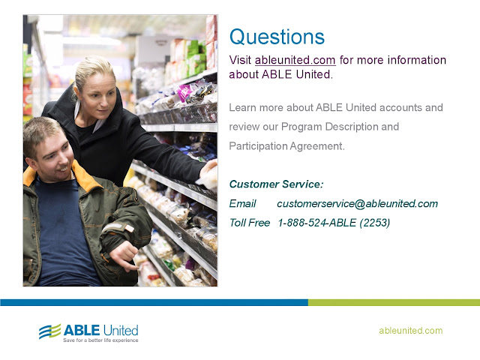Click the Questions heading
pyautogui.click(x=277, y=37)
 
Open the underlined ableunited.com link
pyautogui.click(x=295, y=60)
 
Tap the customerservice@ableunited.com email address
pyautogui.click(x=357, y=203)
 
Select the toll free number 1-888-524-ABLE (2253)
pyautogui.click(x=334, y=223)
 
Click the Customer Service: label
pyautogui.click(x=276, y=184)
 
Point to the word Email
pyautogui.click(x=243, y=203)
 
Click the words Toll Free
pyautogui.click(x=250, y=223)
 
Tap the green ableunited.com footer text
pyautogui.click(x=410, y=331)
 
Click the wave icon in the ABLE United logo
pyautogui.click(x=50, y=331)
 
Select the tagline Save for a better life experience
pyautogui.click(x=100, y=340)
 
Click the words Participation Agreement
pyautogui.click(x=286, y=146)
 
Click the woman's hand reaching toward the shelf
pyautogui.click(x=208, y=173)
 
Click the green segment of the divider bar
pyautogui.click(x=394, y=302)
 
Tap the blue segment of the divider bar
pyautogui.click(x=154, y=302)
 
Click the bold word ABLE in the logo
pyautogui.click(x=82, y=330)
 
